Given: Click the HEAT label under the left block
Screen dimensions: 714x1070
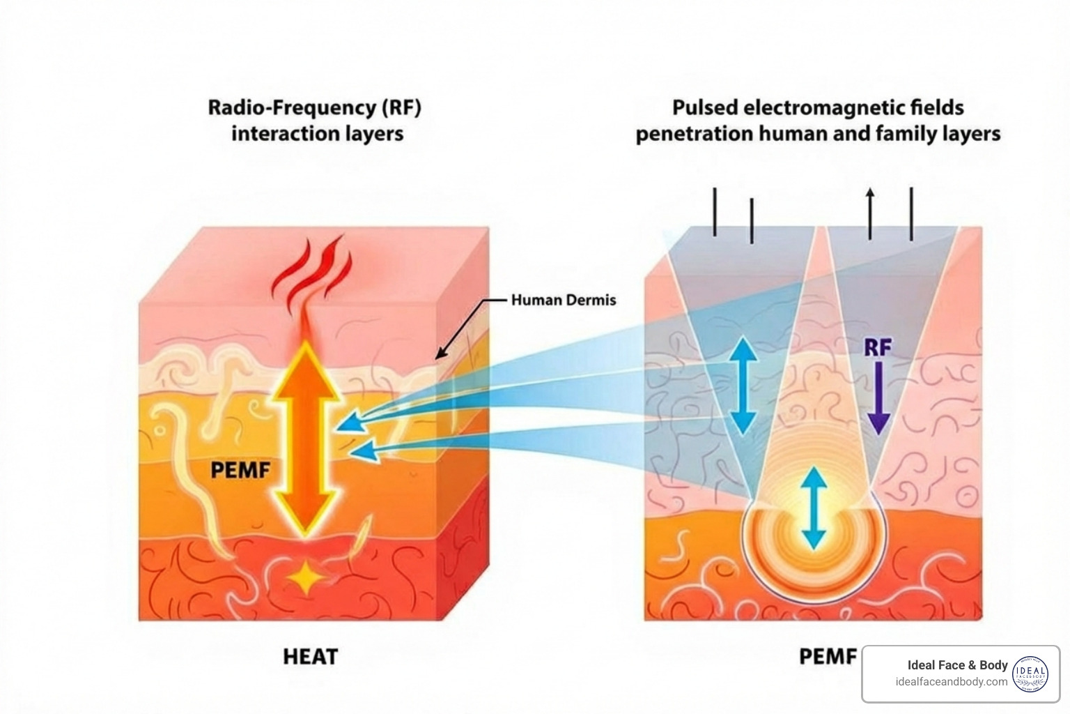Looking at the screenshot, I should [310, 656].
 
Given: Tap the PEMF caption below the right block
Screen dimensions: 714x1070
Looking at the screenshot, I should [828, 656].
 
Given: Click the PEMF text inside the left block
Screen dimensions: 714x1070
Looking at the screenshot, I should [240, 470].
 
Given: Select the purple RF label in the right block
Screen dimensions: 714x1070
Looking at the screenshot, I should [878, 347].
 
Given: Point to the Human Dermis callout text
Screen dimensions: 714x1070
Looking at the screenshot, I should [564, 300].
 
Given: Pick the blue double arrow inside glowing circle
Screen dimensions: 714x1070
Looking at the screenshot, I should [814, 508].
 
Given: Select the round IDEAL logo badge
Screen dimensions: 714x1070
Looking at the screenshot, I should [1030, 674].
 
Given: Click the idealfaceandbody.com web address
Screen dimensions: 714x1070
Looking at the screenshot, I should [951, 682].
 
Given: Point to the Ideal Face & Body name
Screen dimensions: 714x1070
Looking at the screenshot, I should [957, 665].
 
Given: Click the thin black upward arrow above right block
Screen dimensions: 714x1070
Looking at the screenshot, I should [869, 213].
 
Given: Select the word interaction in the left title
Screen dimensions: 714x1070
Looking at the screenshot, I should [286, 133].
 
